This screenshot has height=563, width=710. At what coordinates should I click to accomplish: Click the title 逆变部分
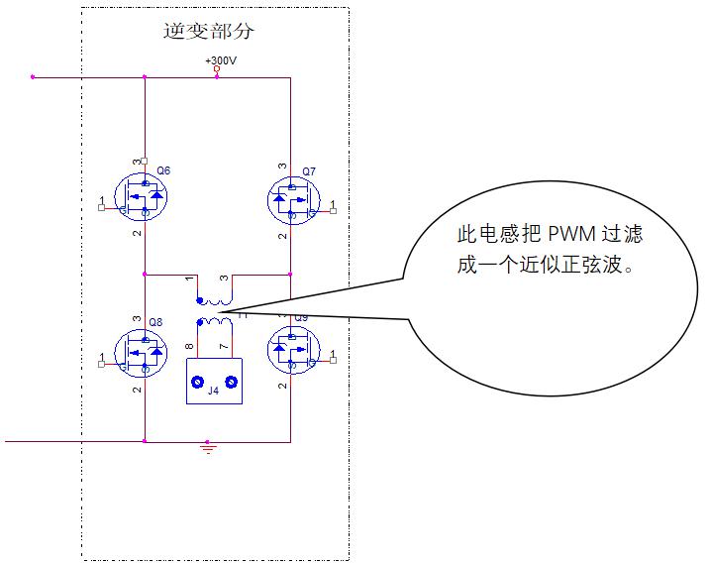tap(208, 32)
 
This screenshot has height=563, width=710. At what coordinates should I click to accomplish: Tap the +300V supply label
tap(221, 60)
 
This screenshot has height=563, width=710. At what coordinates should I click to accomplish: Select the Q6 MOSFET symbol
tap(141, 197)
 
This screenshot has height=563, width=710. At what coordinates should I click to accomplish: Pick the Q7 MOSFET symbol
tap(294, 200)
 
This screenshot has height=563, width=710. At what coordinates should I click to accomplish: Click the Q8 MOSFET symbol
tap(141, 352)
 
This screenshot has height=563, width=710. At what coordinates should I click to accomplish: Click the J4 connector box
tap(214, 381)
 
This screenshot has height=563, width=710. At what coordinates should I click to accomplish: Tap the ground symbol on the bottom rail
tap(208, 448)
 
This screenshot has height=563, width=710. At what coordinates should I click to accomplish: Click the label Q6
tap(163, 170)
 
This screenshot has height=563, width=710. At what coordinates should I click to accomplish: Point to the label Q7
tap(309, 171)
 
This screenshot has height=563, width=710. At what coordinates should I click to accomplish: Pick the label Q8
tap(155, 322)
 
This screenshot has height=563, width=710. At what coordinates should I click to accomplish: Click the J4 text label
tap(213, 391)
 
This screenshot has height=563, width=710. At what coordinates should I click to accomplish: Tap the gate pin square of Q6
tap(101, 207)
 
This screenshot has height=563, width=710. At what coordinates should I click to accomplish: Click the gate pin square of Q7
tap(334, 210)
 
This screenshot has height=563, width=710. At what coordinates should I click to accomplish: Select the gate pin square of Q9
tap(334, 360)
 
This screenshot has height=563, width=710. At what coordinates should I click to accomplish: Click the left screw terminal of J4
tap(197, 383)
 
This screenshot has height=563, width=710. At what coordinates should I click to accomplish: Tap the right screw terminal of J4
tap(232, 383)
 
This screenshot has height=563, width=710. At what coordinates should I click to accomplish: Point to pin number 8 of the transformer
tap(189, 346)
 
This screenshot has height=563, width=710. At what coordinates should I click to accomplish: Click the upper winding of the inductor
tap(215, 301)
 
